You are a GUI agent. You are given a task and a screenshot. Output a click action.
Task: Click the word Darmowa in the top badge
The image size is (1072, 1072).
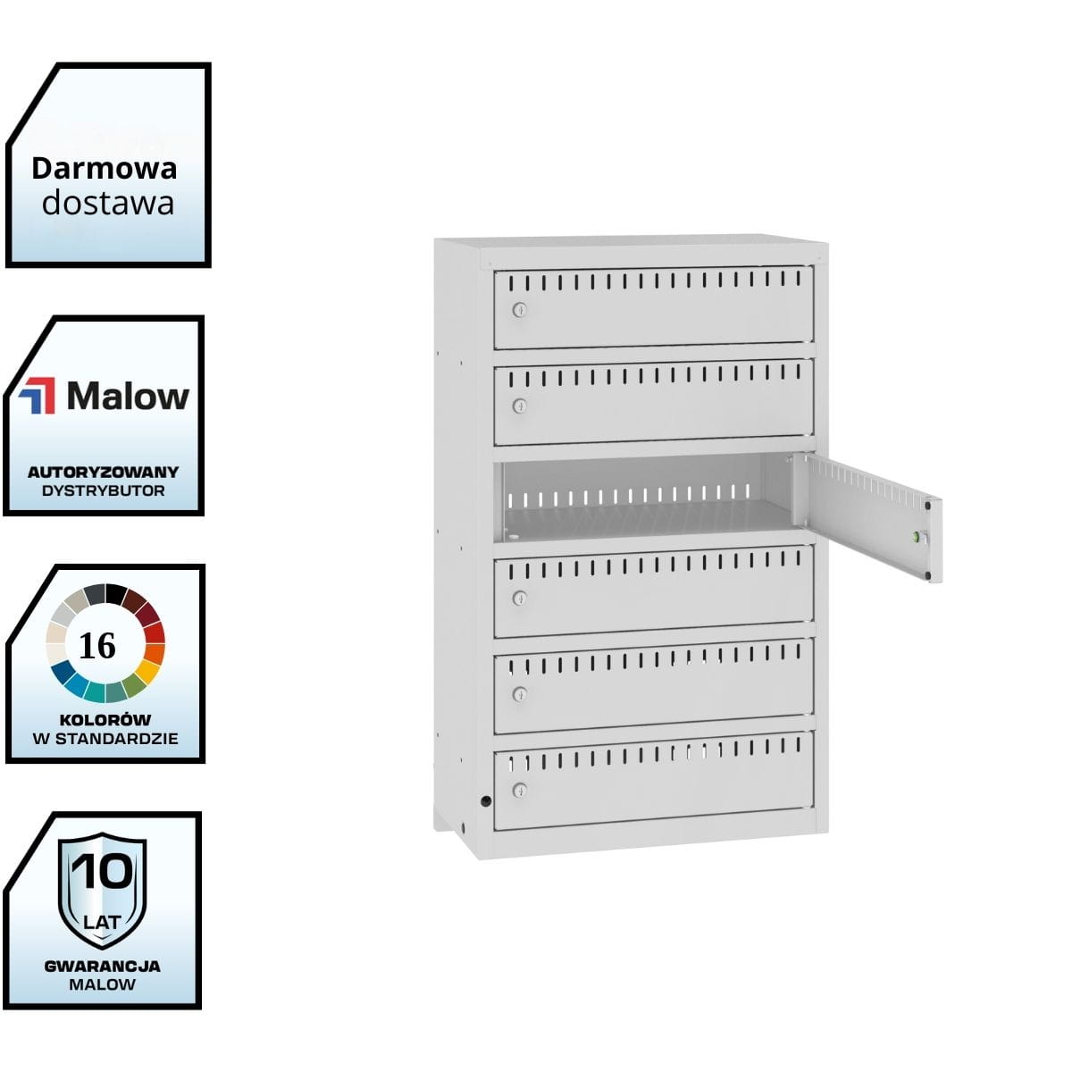pos(105,168)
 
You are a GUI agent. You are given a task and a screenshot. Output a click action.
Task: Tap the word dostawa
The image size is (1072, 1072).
pos(108,203)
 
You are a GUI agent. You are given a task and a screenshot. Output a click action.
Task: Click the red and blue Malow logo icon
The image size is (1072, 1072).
pos(38,396)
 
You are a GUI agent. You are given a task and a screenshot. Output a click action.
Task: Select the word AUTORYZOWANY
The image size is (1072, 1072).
pos(104,472)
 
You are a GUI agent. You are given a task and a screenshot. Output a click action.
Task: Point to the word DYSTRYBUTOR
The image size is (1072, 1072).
pos(104,490)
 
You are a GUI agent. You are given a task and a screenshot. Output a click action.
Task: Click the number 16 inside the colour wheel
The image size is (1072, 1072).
pos(97,645)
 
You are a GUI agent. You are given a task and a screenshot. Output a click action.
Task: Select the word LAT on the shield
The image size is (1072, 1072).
pos(103,920)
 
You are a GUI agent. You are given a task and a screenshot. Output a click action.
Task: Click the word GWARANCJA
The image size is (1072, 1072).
pos(103,966)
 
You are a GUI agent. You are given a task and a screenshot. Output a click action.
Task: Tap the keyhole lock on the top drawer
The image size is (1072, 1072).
pos(519,310)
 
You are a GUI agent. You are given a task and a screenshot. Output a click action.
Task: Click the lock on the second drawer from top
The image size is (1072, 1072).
pos(519,406)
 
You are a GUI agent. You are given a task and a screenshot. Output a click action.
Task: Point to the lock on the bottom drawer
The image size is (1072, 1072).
pos(519,790)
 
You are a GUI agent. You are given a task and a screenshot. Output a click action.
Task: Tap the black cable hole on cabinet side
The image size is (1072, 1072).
pos(486,800)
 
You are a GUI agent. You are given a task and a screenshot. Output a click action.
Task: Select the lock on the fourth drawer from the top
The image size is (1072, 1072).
pos(519,598)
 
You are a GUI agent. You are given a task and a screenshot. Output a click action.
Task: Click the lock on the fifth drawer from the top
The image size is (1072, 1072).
pos(519,694)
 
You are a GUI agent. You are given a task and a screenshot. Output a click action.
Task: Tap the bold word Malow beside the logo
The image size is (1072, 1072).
pos(128,396)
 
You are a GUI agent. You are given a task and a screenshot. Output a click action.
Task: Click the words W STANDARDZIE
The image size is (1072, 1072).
pos(105,739)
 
